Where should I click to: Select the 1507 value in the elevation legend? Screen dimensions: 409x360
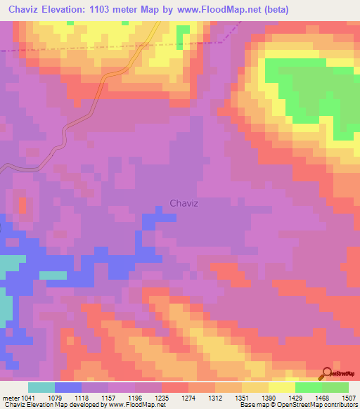pos(349,397)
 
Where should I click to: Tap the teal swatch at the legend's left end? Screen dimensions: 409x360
pos(41,387)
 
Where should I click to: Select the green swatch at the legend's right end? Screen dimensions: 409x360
pos(335,387)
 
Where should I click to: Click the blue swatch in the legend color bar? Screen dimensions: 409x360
pos(68,387)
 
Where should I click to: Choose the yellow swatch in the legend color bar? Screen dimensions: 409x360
pos(281,387)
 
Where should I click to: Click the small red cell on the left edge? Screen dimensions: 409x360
pos(23,205)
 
